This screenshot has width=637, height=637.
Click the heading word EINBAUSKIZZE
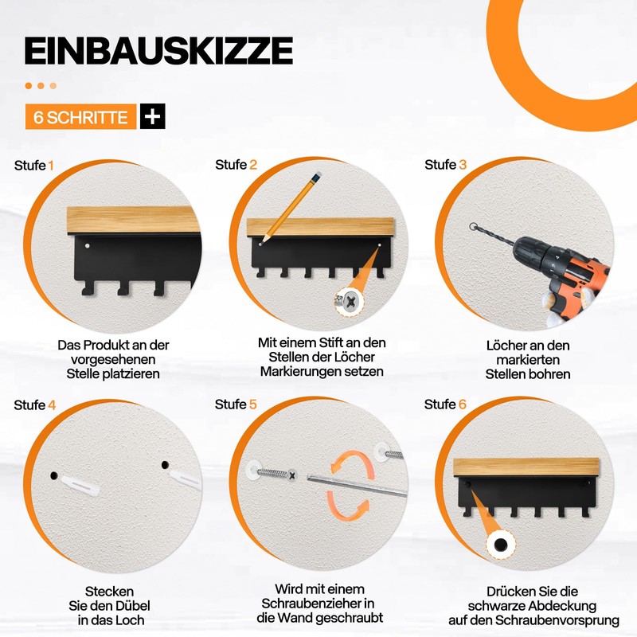[x=158, y=51]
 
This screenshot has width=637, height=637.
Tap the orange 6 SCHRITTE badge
[x=80, y=117]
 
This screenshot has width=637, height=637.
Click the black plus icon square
[x=153, y=116]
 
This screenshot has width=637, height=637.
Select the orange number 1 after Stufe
[x=51, y=166]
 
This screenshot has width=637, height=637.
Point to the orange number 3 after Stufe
[x=463, y=165]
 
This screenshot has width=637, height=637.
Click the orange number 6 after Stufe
[x=463, y=404]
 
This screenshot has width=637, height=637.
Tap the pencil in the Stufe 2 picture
[x=291, y=208]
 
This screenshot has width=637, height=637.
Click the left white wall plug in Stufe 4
[x=80, y=487]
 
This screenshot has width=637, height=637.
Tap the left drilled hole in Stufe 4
[x=54, y=475]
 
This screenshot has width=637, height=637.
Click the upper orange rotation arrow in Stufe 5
[x=350, y=463]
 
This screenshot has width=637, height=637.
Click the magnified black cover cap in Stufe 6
[x=501, y=544]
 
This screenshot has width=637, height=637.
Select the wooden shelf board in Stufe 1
[x=133, y=220]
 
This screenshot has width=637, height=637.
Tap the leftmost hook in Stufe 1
[x=88, y=287]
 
